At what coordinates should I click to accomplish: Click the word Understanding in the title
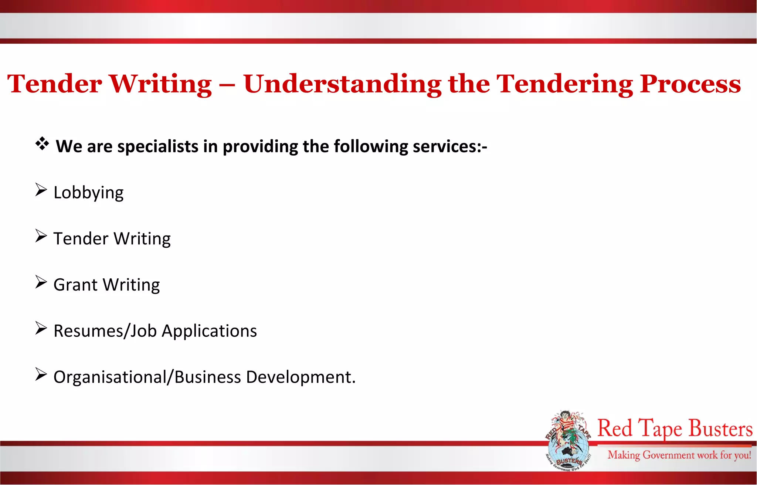(342, 84)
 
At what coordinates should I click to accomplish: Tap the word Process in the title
(690, 84)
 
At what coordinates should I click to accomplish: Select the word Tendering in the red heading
(564, 84)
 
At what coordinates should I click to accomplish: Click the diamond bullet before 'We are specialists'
(42, 144)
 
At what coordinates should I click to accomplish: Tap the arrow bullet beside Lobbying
(41, 190)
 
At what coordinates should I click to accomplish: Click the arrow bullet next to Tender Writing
(41, 236)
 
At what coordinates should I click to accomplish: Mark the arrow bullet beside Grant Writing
(41, 282)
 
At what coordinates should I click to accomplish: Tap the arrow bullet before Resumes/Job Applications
(41, 328)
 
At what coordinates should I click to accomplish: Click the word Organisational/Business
(147, 377)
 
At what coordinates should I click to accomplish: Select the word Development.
(300, 377)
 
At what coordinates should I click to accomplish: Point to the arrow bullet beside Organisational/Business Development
(41, 374)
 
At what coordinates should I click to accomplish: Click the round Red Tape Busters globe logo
(568, 441)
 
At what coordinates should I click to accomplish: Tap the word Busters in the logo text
(720, 429)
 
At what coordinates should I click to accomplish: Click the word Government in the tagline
(669, 455)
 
